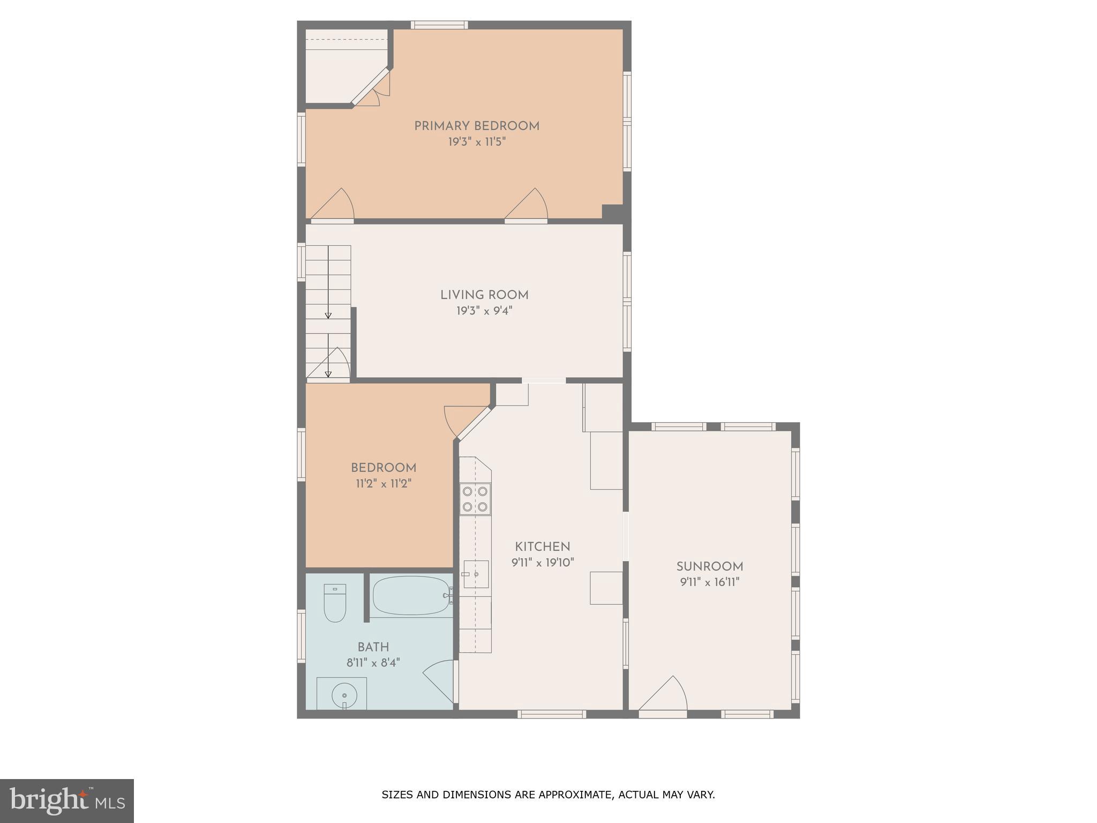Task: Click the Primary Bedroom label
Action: click(476, 126)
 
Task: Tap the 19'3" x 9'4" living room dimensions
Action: click(484, 311)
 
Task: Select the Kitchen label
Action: click(542, 547)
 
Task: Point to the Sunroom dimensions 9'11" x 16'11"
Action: click(710, 582)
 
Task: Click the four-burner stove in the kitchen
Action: click(475, 499)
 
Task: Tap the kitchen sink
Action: click(476, 574)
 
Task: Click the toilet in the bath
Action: click(335, 603)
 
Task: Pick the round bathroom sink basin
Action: click(344, 695)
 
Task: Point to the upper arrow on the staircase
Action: click(328, 315)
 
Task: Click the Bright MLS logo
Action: click(67, 800)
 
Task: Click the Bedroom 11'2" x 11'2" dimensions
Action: click(384, 484)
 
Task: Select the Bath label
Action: click(373, 647)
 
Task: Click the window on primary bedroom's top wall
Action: click(439, 25)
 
